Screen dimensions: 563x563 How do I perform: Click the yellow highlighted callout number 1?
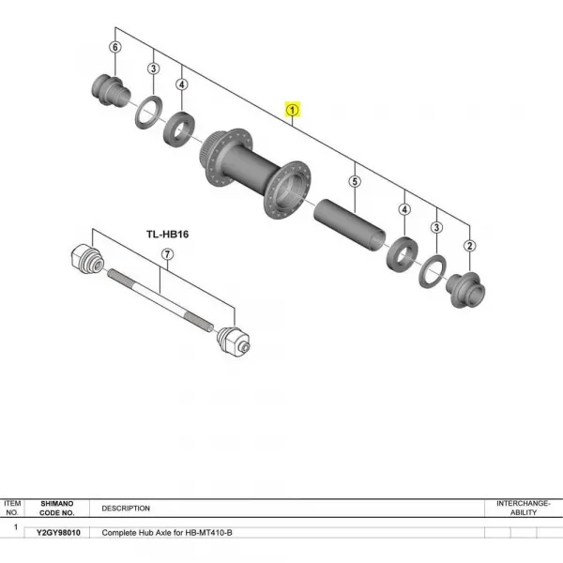pyautogui.click(x=293, y=110)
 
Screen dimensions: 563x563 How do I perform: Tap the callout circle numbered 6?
pyautogui.click(x=115, y=47)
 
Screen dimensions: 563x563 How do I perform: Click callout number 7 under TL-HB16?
pyautogui.click(x=167, y=254)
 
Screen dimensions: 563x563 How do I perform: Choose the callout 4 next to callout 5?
pyautogui.click(x=404, y=209)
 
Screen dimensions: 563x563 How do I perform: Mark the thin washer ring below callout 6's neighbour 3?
pyautogui.click(x=147, y=114)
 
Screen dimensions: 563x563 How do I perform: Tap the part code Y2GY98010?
pyautogui.click(x=58, y=532)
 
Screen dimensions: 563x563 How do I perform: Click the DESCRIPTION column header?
pyautogui.click(x=126, y=509)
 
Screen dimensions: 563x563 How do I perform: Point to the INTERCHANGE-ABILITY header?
pyautogui.click(x=524, y=508)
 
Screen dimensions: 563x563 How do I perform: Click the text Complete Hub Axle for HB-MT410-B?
pyautogui.click(x=167, y=532)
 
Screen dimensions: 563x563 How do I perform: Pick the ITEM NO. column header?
pyautogui.click(x=12, y=508)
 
